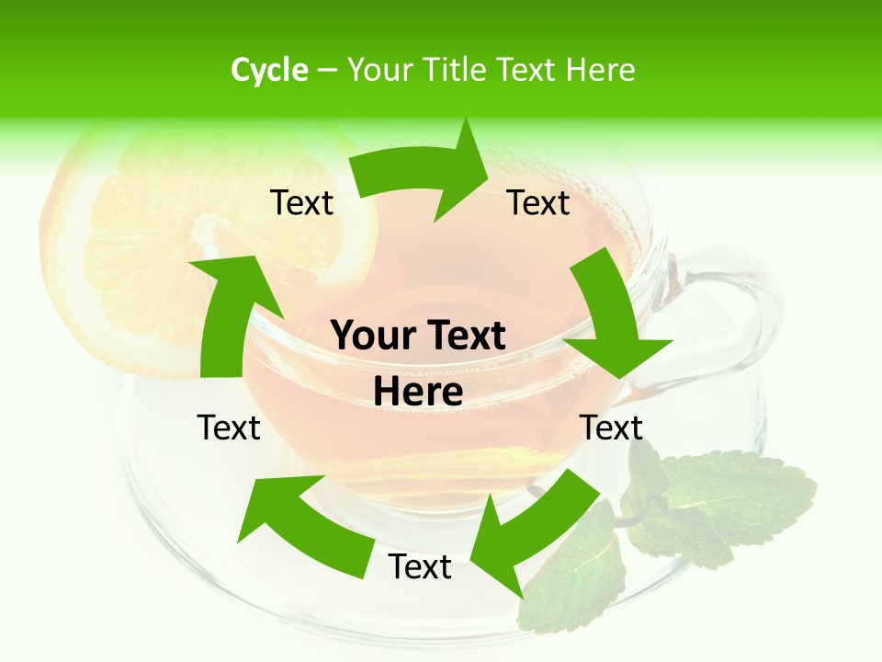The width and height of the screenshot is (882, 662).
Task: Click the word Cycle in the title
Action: (269, 70)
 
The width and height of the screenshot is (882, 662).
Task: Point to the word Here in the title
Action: (598, 70)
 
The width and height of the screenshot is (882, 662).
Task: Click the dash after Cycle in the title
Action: (325, 71)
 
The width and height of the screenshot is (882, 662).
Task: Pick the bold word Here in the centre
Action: (419, 393)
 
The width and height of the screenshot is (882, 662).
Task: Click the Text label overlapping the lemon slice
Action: (301, 202)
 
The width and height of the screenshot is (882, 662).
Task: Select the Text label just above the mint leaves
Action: (611, 428)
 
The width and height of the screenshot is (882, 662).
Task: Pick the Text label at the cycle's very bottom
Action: (420, 567)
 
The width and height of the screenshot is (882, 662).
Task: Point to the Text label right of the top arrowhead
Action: (538, 202)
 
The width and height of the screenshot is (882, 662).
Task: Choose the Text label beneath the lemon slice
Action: (229, 428)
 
